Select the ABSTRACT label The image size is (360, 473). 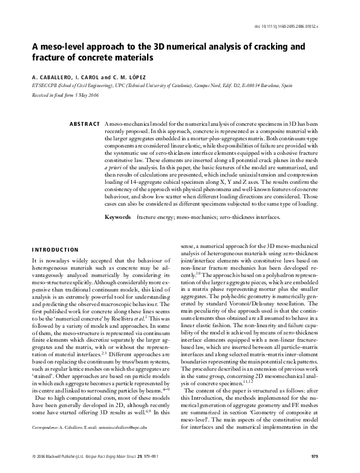(x=85, y=124)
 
